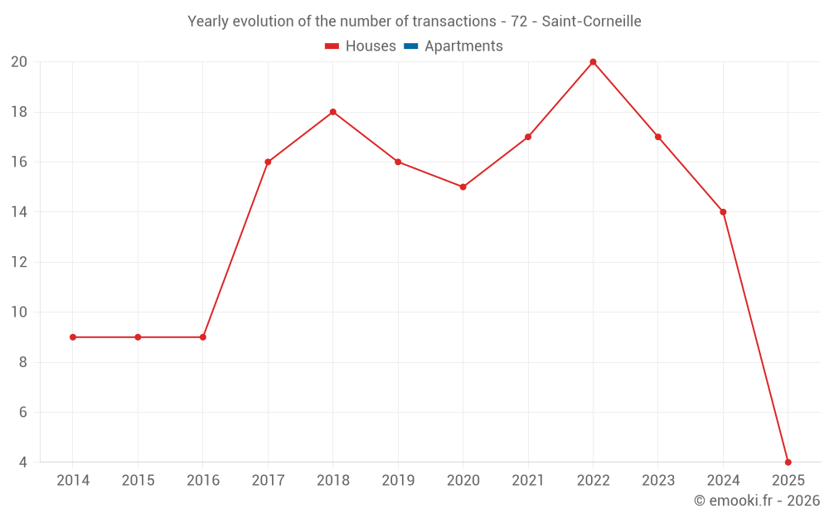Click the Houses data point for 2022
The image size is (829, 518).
[x=593, y=62]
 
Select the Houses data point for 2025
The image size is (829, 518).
[x=788, y=462]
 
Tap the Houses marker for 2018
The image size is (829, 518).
[x=332, y=112]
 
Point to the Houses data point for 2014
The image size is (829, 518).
[x=73, y=337]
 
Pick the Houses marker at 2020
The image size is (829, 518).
[x=463, y=187]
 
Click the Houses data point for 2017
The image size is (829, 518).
[x=268, y=162]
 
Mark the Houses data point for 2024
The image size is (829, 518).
[x=723, y=212]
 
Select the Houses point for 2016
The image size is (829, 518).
[x=203, y=337]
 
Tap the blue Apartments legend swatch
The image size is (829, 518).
[x=410, y=46]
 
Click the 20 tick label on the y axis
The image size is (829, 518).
[x=19, y=62]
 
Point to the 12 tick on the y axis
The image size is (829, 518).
[x=19, y=263]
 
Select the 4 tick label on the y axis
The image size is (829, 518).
[x=22, y=462]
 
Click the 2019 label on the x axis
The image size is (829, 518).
[x=398, y=481]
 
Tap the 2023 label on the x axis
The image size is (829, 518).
[x=658, y=481]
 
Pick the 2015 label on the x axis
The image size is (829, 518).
[x=138, y=481]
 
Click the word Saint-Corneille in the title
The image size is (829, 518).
[x=591, y=22]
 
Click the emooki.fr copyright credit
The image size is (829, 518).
[x=757, y=501]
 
